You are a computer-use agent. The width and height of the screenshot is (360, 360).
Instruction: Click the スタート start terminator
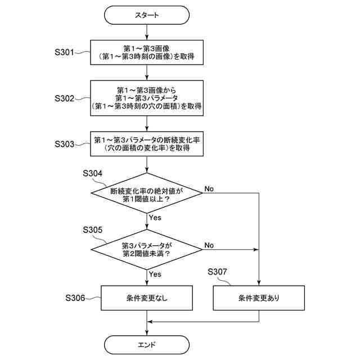[147, 15]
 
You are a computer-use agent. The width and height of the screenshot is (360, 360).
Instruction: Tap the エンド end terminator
[147, 345]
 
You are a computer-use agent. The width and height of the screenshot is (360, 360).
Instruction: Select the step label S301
[64, 52]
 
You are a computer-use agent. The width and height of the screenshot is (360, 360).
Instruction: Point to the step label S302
[64, 98]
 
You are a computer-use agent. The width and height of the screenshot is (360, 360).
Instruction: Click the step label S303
[64, 144]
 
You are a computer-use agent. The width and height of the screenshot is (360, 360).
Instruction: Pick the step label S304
[92, 173]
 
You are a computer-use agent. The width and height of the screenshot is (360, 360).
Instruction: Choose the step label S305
[92, 229]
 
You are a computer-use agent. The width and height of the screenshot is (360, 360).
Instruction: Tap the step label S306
[75, 298]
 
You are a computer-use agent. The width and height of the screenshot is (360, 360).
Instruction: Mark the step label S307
[217, 272]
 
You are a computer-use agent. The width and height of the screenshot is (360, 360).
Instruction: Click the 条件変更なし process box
[147, 298]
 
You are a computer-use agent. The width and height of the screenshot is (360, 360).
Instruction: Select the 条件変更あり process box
[259, 298]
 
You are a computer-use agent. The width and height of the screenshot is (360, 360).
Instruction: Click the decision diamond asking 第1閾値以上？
[147, 193]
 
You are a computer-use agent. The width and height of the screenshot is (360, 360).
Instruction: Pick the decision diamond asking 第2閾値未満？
[147, 249]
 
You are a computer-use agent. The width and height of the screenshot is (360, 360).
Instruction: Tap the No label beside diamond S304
[209, 189]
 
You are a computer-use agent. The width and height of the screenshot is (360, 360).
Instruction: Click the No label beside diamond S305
[209, 245]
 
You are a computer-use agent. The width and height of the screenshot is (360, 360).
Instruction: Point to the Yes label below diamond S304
[155, 218]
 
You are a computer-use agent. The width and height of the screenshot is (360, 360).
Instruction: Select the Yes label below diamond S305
[155, 274]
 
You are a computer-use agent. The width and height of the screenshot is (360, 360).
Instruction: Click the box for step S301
[147, 52]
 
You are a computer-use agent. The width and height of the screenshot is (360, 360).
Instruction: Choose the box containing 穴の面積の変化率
[147, 144]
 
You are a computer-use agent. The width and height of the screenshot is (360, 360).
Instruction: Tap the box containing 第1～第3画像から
[147, 98]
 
